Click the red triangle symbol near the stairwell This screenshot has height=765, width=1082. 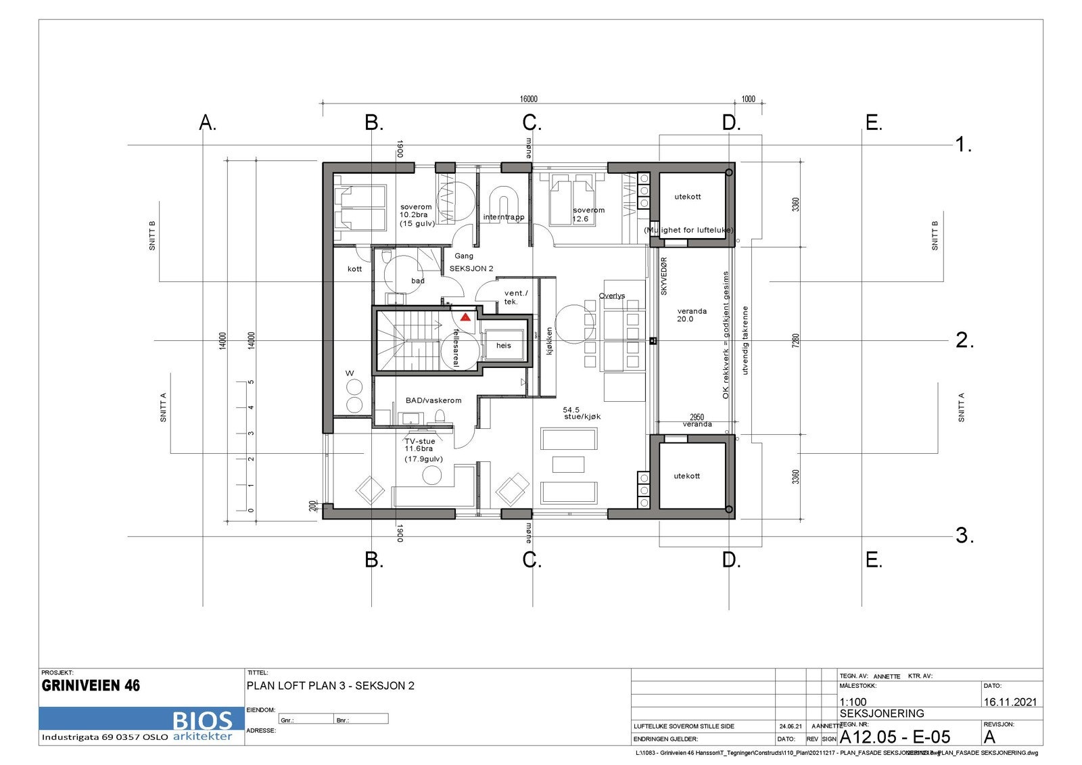click(x=465, y=317)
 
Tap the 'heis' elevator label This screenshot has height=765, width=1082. click(x=504, y=346)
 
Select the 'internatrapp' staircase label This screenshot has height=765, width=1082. click(x=504, y=217)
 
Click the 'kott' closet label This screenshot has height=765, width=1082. click(x=355, y=269)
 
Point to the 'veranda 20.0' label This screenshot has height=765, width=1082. click(x=692, y=315)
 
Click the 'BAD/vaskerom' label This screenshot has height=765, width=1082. click(x=433, y=400)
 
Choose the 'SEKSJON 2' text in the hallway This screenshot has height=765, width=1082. click(x=471, y=269)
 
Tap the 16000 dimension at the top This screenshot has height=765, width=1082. click(x=529, y=99)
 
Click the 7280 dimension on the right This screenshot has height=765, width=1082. click(x=796, y=340)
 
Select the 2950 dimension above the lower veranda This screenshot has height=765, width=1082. click(x=697, y=417)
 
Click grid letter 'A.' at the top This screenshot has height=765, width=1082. click(x=208, y=122)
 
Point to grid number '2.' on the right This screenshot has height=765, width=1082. click(x=964, y=340)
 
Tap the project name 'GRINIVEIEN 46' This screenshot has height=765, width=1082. click(x=91, y=686)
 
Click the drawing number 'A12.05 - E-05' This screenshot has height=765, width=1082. click(x=895, y=737)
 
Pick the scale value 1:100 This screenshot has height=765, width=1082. click(x=852, y=702)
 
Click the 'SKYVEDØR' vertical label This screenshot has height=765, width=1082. click(x=664, y=276)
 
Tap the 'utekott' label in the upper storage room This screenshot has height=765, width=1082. click(x=688, y=197)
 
